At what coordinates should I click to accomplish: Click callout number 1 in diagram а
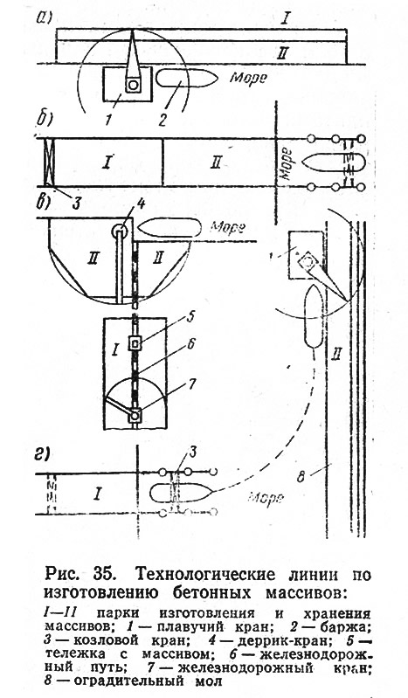(109, 120)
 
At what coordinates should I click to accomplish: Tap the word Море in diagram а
(248, 78)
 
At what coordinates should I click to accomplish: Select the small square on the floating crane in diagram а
(133, 85)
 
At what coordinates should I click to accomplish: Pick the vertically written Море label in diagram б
(287, 163)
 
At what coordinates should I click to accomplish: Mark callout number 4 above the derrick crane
(142, 206)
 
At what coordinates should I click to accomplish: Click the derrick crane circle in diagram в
(120, 232)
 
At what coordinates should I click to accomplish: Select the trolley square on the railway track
(135, 343)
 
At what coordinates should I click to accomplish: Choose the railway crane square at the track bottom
(135, 415)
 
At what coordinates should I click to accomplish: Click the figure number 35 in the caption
(105, 575)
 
